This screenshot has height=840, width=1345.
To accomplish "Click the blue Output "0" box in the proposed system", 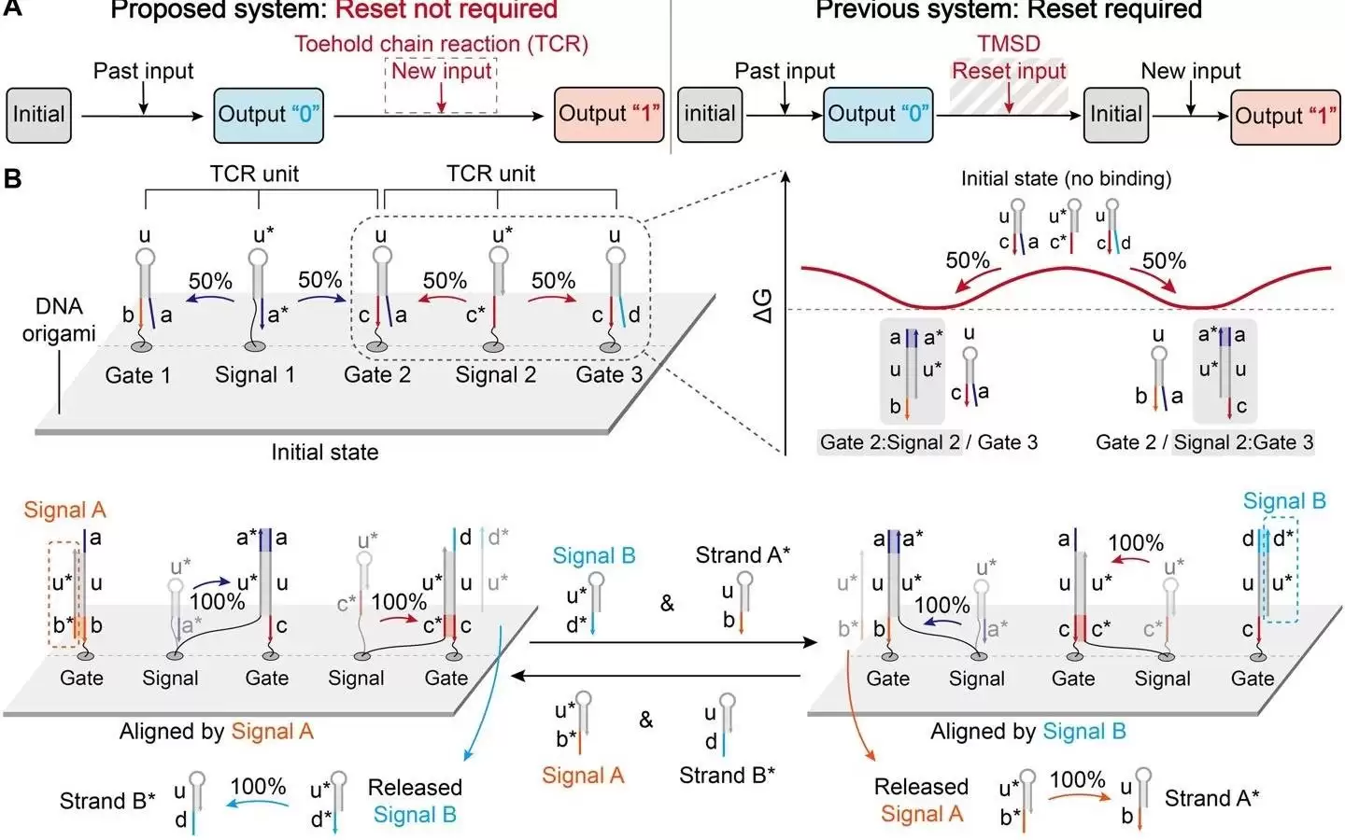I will (x=268, y=115).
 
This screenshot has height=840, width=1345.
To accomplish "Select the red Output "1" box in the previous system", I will (x=1284, y=117).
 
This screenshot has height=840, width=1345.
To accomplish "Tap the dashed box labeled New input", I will (x=441, y=84).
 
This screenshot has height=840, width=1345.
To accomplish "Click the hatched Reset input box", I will (x=1009, y=85).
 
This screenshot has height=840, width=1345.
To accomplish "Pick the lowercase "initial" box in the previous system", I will (x=710, y=115).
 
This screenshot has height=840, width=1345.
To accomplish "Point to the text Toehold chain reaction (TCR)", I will (x=441, y=44).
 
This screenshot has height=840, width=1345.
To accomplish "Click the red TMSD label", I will (x=1009, y=44).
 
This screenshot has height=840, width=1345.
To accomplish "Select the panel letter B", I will (x=13, y=177).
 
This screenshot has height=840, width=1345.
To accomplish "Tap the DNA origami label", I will (x=59, y=319).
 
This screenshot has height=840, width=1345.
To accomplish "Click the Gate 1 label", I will (x=137, y=375).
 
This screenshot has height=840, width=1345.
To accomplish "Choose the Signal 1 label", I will (x=254, y=375).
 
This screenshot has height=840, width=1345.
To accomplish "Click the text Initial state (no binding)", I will (x=1066, y=178).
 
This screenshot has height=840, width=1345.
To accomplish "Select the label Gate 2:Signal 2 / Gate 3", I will (x=928, y=442).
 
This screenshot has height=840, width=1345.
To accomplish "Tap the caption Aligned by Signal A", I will (x=216, y=732).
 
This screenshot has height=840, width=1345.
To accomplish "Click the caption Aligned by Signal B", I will (x=1027, y=732).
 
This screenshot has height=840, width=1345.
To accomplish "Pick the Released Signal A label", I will (x=921, y=800).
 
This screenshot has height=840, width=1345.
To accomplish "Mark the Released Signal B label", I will (x=415, y=801).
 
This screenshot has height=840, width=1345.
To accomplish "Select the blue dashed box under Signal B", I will (x=1280, y=569).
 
